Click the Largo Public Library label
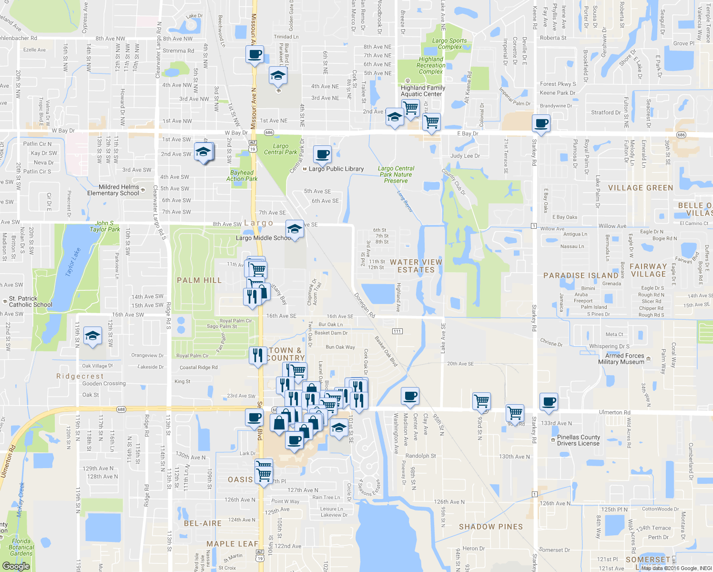(336, 169)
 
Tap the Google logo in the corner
(16, 566)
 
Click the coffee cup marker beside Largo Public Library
(323, 154)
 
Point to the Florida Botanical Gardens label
(21, 547)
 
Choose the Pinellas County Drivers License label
(579, 440)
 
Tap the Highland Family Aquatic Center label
(423, 91)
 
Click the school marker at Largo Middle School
(295, 229)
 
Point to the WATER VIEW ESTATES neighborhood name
(416, 266)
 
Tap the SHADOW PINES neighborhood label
(490, 527)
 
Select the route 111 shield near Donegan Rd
(397, 331)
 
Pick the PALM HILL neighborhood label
(199, 280)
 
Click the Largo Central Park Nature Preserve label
(396, 174)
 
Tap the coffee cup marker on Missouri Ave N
(255, 54)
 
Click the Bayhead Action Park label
(242, 176)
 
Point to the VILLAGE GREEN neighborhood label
(640, 188)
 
